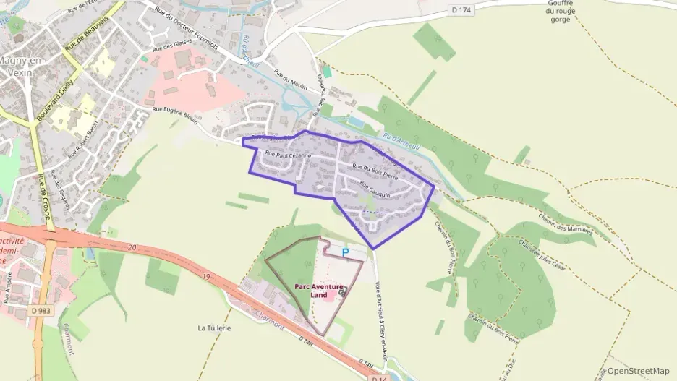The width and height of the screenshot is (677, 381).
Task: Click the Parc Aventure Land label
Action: click(318, 291)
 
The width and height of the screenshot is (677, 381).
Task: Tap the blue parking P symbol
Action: click(345, 252)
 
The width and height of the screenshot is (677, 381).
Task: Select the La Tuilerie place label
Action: click(214, 328)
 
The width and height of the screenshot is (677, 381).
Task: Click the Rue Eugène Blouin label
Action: click(176, 114)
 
